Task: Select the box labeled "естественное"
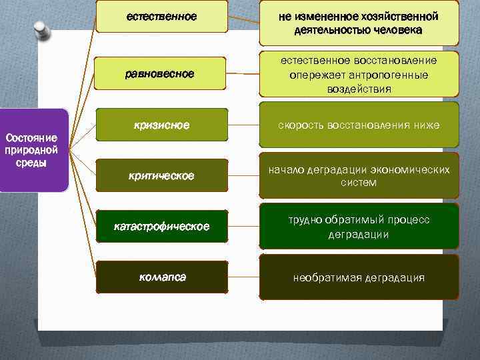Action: pos(161,16)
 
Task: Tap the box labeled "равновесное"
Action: pos(161,74)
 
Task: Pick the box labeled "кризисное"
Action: pos(161,125)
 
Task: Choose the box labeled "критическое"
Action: pos(161,176)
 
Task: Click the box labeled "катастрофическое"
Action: pos(161,227)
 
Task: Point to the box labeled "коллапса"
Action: pos(161,277)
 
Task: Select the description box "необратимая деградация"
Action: pos(359,277)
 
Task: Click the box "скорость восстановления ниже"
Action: pos(359,125)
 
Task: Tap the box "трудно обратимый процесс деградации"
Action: pos(359,227)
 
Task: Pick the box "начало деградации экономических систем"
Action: pos(359,176)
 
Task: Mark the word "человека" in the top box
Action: pos(397,30)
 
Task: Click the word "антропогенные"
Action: pos(391,75)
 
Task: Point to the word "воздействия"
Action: pos(359,88)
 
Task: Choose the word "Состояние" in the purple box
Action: pos(27,138)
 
